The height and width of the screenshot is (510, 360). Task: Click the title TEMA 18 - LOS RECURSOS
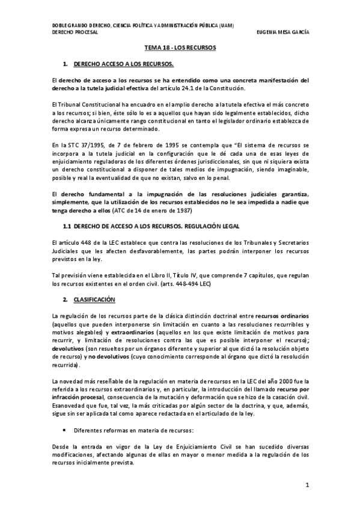180,46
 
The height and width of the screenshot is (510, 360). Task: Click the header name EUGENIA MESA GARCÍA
282,33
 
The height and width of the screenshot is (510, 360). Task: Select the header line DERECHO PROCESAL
73,33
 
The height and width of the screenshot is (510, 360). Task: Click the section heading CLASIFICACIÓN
94,299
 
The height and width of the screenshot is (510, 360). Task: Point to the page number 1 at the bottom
307,485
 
